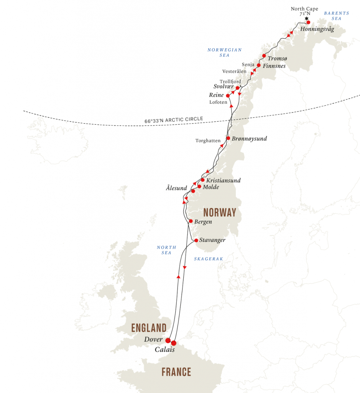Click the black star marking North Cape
coord(306,18)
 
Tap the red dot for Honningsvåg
coord(308,22)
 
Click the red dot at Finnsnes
coord(258,65)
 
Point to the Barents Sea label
coord(337,16)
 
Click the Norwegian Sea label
coord(224,53)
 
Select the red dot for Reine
coord(228,96)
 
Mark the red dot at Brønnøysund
coord(228,138)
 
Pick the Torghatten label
coord(208,141)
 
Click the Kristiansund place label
coord(223,180)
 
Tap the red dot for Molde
coord(199,187)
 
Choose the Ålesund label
coord(176,188)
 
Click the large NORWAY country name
coord(220,213)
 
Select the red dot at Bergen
coord(191,221)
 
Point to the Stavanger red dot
coord(196,240)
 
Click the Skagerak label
coord(208,259)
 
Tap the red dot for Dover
coord(168,340)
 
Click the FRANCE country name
coord(176,372)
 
